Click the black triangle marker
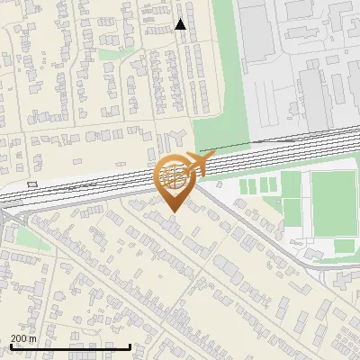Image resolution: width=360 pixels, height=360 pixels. tap(181, 24)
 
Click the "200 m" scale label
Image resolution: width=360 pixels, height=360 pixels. tap(24, 337)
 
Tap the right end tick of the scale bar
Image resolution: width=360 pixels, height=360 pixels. tap(130, 346)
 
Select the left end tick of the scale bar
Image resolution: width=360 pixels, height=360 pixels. tap(10, 346)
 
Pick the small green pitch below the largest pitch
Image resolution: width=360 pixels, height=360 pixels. tap(345, 246)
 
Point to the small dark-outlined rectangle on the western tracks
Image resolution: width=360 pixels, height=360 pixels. tap(32, 184)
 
